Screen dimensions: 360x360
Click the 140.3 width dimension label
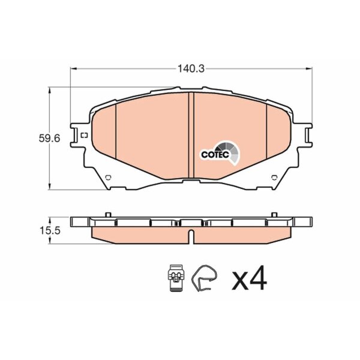tap(191, 68)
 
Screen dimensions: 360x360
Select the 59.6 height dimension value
tap(49, 139)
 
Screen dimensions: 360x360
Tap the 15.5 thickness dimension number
tap(50, 230)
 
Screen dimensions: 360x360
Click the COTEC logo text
tap(215, 155)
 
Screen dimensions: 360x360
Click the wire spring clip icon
tap(204, 278)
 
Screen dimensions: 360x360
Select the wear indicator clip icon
tap(176, 278)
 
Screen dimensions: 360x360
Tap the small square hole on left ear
tap(85, 135)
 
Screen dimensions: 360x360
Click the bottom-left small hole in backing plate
tap(108, 178)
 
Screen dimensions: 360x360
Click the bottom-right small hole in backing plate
tap(274, 178)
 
